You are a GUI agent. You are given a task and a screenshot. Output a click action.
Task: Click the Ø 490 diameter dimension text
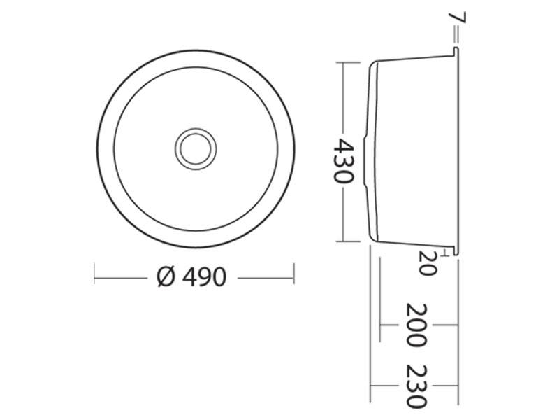coord(191,276)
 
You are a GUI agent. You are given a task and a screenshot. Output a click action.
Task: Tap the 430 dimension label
coord(344,161)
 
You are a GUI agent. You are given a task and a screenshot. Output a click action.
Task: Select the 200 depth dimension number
coord(416,325)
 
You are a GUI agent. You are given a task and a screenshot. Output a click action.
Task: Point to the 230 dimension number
coord(416,387)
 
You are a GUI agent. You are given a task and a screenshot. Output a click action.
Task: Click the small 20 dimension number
coord(427,263)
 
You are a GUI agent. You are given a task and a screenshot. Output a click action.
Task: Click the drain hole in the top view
coord(196,148)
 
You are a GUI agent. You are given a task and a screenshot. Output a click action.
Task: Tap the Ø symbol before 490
coord(166,276)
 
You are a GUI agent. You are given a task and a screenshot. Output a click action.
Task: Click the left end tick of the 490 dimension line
coord(94,274)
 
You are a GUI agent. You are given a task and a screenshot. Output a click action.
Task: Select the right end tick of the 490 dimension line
coord(293,274)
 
